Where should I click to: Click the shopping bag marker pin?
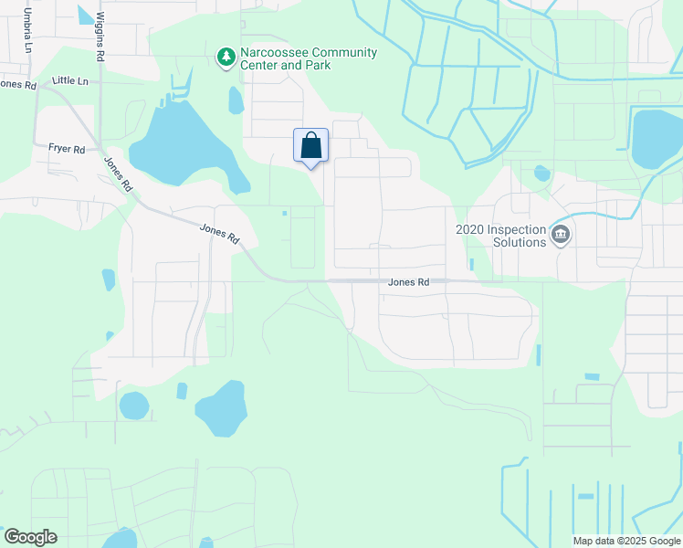(x=310, y=146)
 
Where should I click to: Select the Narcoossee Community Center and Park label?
(x=308, y=58)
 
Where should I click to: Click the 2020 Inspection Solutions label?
(x=500, y=236)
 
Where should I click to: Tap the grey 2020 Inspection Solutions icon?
(x=561, y=237)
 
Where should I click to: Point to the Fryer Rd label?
(x=67, y=149)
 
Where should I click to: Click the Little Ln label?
(x=70, y=81)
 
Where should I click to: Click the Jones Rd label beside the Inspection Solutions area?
(x=408, y=283)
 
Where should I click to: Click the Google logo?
(x=30, y=537)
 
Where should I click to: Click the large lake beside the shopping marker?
(x=187, y=146)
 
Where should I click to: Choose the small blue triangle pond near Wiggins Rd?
(x=85, y=15)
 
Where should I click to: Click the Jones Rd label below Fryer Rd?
(x=119, y=174)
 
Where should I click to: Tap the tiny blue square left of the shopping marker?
(x=285, y=214)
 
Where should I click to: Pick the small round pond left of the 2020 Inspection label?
(x=541, y=172)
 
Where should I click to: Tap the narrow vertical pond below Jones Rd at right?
(x=538, y=354)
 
